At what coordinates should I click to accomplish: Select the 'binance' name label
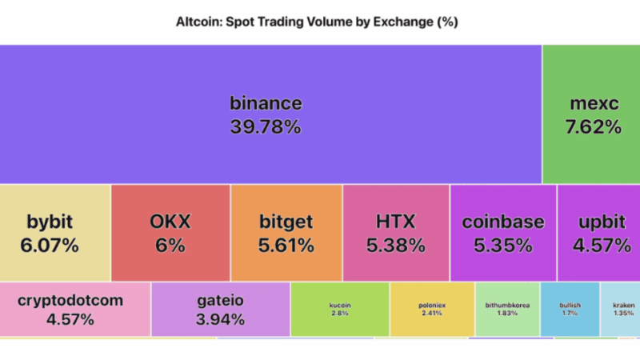[266, 103]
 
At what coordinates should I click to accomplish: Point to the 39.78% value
[266, 126]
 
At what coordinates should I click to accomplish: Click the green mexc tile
[590, 114]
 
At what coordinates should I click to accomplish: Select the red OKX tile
[170, 232]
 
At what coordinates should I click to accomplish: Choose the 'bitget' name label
[286, 222]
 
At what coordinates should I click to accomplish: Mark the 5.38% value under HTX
[396, 246]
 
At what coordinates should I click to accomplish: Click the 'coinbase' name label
[502, 222]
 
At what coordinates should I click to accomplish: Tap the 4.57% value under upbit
[600, 246]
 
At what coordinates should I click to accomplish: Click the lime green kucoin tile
[340, 309]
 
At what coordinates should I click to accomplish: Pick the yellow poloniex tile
[432, 309]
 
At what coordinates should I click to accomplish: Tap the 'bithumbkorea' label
[507, 305]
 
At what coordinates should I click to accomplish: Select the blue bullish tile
[570, 309]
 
